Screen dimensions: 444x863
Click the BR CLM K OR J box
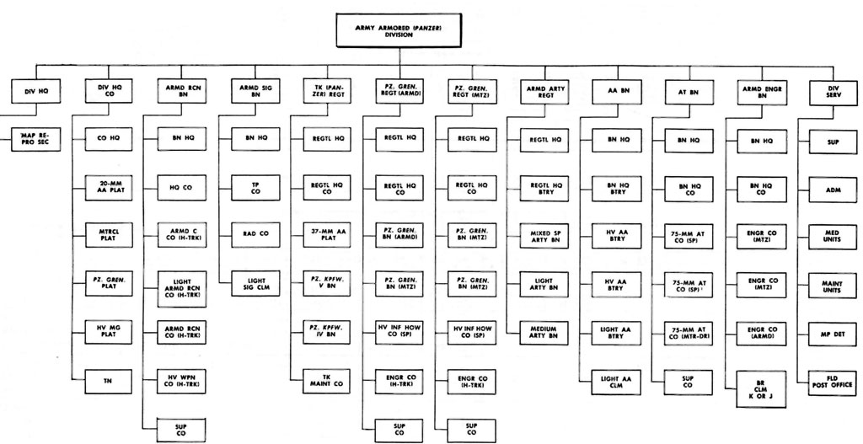coord(755,382)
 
